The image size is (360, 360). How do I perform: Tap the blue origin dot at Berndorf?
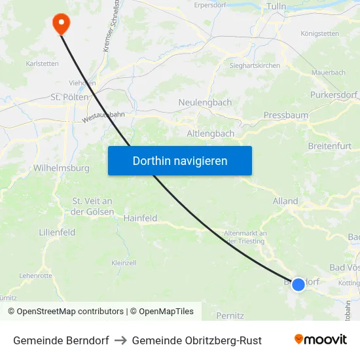click(x=298, y=284)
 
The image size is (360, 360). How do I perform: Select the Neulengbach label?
click(x=205, y=103)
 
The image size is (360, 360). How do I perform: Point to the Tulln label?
click(x=278, y=6)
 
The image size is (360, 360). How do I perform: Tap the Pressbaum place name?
click(x=286, y=115)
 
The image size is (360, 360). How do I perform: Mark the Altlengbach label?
click(x=211, y=134)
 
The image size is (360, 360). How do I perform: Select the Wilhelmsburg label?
click(x=61, y=168)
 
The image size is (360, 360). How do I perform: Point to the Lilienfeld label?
click(x=57, y=232)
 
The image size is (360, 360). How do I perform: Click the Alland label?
click(x=285, y=202)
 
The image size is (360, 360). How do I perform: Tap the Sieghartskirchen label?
click(x=255, y=65)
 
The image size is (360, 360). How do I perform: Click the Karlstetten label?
click(x=42, y=63)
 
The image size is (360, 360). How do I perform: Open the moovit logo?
click(x=320, y=340)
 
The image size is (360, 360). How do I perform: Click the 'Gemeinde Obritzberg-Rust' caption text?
click(x=196, y=340)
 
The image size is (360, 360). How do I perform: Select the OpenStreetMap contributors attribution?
click(x=66, y=312)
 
